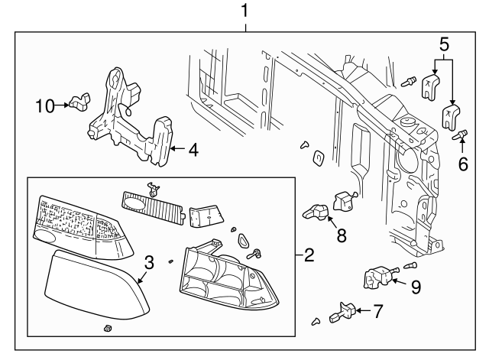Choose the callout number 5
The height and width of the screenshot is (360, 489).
point(442,44)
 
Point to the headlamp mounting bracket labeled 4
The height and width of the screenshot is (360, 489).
point(130,122)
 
